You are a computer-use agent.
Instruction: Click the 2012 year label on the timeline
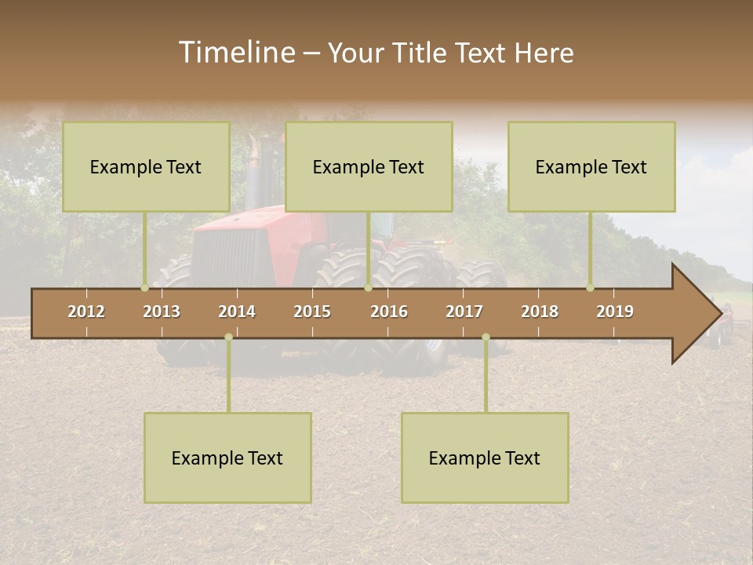[x=86, y=312]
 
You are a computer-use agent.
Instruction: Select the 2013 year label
[x=162, y=312]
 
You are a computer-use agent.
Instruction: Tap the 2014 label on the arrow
[x=237, y=312]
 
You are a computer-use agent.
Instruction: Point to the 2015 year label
[x=312, y=312]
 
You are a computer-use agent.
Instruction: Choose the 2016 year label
[x=389, y=312]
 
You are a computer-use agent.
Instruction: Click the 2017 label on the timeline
[x=464, y=312]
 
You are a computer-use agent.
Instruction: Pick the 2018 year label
[x=540, y=312]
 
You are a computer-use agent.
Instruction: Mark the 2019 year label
[x=615, y=312]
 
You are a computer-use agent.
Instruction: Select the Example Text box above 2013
[x=146, y=166]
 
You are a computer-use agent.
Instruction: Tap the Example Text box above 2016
[x=369, y=166]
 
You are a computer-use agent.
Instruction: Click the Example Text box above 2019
[x=591, y=166]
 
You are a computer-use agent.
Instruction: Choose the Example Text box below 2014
[x=227, y=457]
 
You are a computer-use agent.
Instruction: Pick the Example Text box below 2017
[x=485, y=457]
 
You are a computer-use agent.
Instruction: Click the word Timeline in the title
[x=235, y=53]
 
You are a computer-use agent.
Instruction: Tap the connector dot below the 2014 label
[x=228, y=337]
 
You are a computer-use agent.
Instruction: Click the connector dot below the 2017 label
[x=486, y=337]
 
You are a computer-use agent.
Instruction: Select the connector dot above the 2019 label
[x=590, y=287]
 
